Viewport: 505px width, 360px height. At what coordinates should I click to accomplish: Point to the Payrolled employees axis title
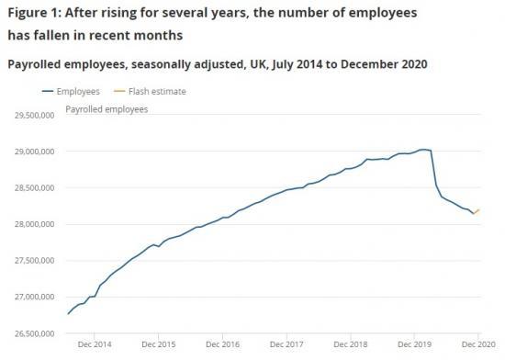coord(107,109)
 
